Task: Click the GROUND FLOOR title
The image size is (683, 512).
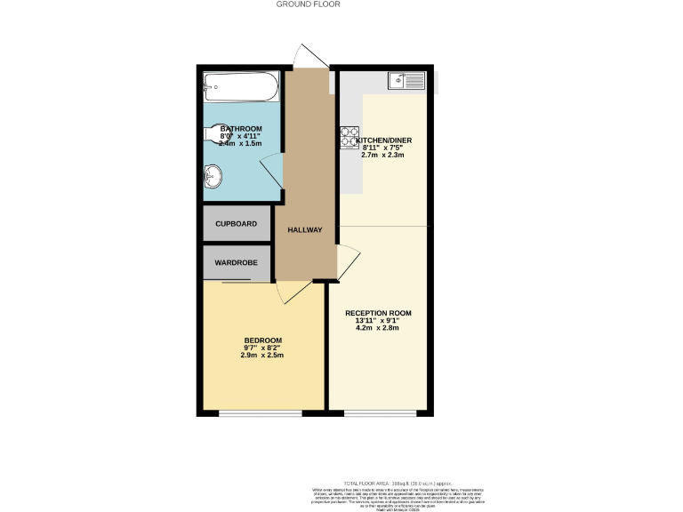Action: coord(308,4)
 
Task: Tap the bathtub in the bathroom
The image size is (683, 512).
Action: coord(241,84)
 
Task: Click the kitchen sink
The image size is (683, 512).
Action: coord(408,81)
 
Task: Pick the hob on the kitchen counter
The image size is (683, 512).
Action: coord(349,138)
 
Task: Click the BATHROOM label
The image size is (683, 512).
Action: coord(241,129)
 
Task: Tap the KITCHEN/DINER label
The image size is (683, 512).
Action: coord(384,140)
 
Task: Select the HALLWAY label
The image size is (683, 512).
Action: coord(304,231)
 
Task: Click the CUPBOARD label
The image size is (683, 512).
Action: coord(236,224)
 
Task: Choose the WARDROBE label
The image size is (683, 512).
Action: coord(236,263)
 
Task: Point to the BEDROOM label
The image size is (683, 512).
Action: coord(263,340)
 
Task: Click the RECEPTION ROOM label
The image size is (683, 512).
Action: coord(379,313)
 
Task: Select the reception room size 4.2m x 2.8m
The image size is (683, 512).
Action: coord(379,328)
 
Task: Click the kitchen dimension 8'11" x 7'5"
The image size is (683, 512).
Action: coord(383,148)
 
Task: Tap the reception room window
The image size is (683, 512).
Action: coord(379,413)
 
